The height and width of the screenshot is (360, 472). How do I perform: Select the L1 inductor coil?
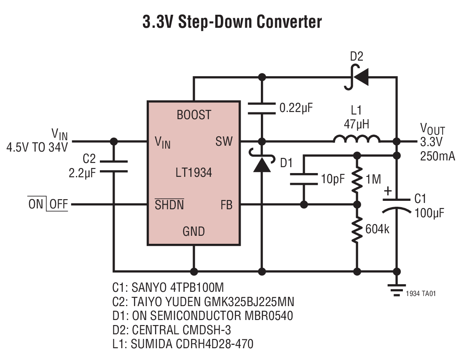click(x=357, y=139)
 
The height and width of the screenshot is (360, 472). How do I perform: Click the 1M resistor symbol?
click(x=357, y=179)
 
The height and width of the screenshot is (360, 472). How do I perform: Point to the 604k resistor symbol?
click(x=357, y=230)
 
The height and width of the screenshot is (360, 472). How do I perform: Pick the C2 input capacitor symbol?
click(x=113, y=166)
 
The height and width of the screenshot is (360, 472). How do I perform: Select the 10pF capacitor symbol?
click(x=303, y=179)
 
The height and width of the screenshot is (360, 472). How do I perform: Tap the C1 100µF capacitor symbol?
click(x=396, y=204)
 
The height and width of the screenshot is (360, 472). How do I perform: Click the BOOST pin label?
click(x=194, y=115)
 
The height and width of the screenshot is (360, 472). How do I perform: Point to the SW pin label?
click(x=224, y=141)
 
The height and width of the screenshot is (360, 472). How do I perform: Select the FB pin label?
click(x=226, y=205)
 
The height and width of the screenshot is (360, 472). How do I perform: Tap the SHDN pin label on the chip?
click(x=169, y=205)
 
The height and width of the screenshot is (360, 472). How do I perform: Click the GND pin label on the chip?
click(x=193, y=231)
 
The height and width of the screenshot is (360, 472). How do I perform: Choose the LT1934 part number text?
click(x=193, y=173)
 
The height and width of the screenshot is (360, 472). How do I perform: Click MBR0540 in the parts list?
click(x=272, y=316)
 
